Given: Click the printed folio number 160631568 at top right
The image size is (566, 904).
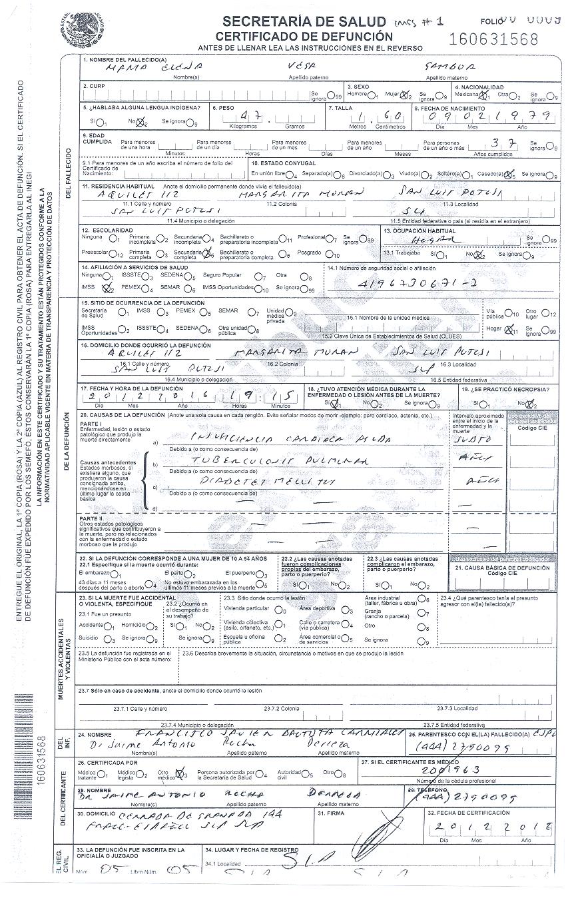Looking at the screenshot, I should click(493, 39).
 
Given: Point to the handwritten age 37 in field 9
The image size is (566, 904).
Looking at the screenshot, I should click(497, 142).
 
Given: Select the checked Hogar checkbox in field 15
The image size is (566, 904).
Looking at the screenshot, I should click(509, 328).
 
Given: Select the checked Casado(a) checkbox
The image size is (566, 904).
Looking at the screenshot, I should click(511, 175).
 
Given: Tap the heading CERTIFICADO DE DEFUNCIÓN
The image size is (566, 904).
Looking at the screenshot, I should click(304, 36).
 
